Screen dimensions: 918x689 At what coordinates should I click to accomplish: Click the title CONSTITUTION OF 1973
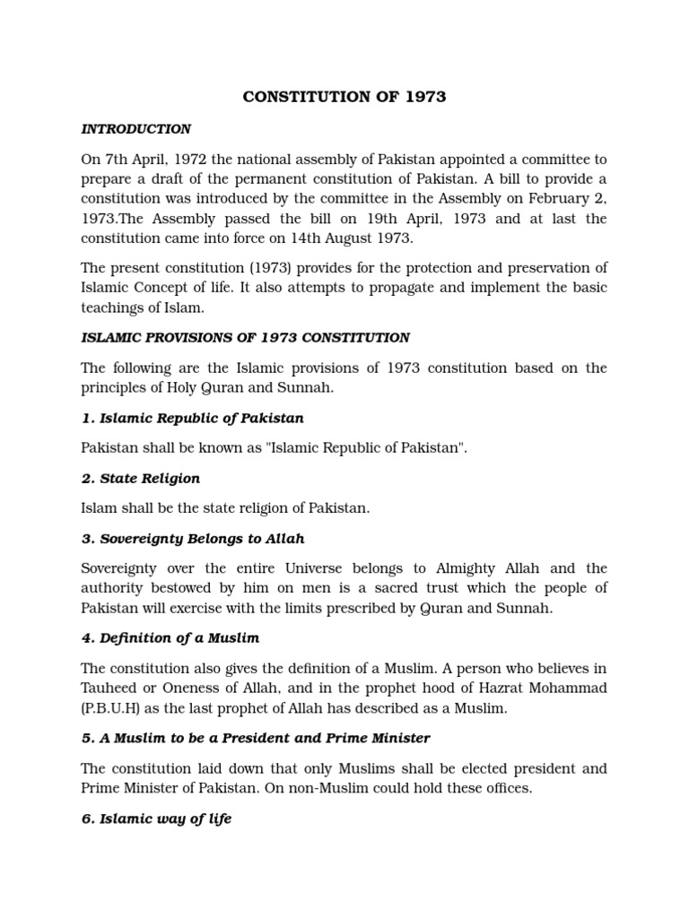click(344, 97)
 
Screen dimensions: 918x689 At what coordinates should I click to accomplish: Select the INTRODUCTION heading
click(135, 129)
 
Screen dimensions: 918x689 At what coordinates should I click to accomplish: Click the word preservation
click(546, 268)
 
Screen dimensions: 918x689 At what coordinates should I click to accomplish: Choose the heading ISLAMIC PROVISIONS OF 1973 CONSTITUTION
click(246, 338)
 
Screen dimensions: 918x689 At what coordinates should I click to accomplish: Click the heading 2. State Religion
click(141, 479)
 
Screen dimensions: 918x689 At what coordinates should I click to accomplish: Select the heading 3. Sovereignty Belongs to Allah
click(193, 539)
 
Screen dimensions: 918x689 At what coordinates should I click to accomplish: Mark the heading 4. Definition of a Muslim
click(171, 638)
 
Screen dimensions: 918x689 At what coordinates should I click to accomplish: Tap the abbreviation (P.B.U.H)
click(114, 708)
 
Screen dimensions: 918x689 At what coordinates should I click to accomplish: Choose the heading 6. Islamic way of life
click(156, 818)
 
